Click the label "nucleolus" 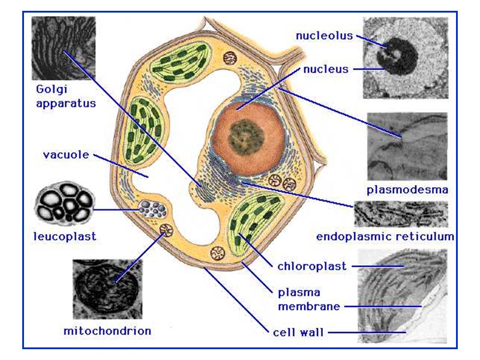325,36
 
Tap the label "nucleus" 326,69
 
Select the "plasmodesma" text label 407,191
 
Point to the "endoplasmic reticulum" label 385,236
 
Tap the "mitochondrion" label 107,331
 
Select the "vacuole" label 66,155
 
